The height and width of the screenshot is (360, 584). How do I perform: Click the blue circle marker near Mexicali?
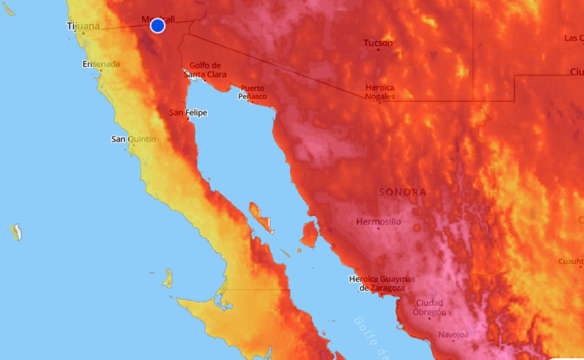157,25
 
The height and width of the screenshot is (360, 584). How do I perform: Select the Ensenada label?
101,64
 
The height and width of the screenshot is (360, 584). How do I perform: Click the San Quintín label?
134,139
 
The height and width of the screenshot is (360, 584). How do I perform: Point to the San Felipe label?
188,113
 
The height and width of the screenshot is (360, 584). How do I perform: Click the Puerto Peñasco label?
252,92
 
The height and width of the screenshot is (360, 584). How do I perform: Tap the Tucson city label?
378,43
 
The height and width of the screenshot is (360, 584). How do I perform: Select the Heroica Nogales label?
380,92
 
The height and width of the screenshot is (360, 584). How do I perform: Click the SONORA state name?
402,192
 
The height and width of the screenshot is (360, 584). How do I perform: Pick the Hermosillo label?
379,222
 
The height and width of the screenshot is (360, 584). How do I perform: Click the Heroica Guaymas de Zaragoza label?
382,283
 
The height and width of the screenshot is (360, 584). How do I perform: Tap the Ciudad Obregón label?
429,308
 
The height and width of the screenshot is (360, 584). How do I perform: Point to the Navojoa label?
454,335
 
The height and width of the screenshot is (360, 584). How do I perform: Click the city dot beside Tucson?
378,50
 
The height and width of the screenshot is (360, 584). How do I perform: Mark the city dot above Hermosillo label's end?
379,229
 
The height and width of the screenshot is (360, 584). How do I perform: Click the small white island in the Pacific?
17,232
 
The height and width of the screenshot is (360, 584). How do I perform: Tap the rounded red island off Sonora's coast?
309,234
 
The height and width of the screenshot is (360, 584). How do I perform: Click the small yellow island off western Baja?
168,278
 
